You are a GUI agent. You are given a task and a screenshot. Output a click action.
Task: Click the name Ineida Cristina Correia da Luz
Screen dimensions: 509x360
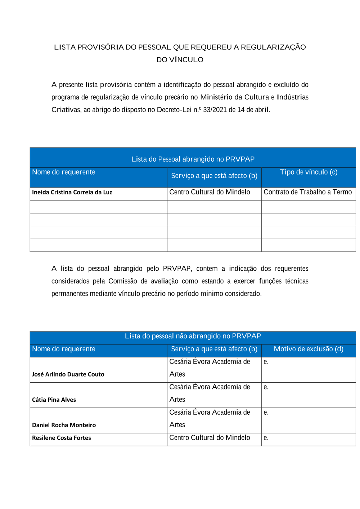[x=72, y=192]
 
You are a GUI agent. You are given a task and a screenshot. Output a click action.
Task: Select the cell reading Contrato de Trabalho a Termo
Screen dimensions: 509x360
[x=307, y=192]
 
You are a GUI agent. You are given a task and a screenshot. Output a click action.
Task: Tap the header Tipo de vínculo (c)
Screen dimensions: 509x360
[x=309, y=172]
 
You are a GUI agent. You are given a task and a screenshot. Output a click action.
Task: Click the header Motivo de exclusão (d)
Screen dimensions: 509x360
[x=309, y=349]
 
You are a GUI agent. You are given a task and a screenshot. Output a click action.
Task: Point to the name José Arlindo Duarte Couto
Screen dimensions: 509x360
[x=68, y=374]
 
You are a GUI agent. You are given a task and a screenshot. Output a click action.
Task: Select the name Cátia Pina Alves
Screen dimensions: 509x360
[x=54, y=400]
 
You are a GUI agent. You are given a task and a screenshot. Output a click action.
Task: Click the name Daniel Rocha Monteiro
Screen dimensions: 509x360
[x=64, y=425]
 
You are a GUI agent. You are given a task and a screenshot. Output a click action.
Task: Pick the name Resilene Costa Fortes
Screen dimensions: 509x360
[x=62, y=438]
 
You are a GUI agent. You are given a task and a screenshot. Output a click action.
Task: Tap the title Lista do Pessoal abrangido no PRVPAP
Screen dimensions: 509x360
[x=193, y=159]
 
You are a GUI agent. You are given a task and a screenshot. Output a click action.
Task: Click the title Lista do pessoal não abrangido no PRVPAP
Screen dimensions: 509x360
[x=193, y=336]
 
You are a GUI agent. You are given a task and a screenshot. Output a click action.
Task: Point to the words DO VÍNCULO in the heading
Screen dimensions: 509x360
[x=180, y=60]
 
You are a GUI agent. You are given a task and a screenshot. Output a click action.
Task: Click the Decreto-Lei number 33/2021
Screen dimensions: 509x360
[x=215, y=110]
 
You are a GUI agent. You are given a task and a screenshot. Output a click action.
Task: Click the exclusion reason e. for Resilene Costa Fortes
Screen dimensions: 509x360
[x=266, y=438]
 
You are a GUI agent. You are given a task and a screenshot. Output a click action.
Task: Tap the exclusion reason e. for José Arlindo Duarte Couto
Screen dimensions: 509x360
[x=266, y=362]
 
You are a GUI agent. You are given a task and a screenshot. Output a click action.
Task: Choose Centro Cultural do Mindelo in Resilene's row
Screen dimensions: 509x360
[x=210, y=438]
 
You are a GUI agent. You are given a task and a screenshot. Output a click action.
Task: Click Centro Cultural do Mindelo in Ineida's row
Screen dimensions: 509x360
[x=210, y=192]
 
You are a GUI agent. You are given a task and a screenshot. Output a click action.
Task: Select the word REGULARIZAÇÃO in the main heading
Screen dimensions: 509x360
[x=273, y=47]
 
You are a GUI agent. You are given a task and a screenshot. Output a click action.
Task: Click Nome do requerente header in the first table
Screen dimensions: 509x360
[x=64, y=172]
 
